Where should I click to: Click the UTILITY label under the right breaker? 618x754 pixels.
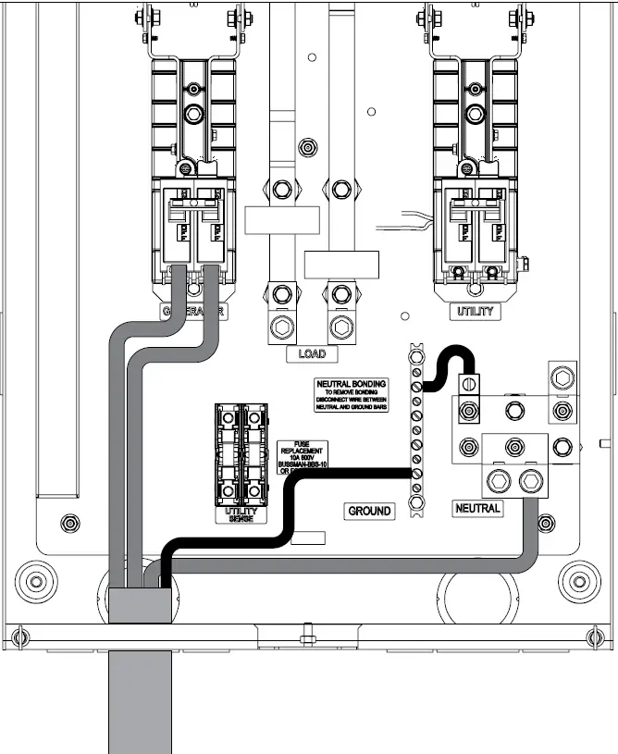476,313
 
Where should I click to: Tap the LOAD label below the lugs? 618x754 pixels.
312,353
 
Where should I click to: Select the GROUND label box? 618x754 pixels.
370,511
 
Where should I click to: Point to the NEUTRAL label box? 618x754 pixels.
477,508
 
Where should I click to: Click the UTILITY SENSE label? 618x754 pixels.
241,515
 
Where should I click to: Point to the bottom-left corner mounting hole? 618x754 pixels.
36,582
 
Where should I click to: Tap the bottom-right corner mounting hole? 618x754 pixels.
579,582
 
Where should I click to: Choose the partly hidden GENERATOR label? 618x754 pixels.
194,313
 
